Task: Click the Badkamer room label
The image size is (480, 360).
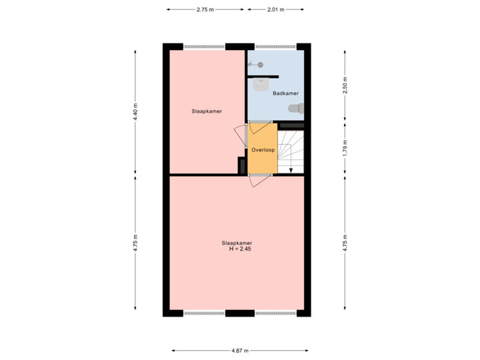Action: coord(285,93)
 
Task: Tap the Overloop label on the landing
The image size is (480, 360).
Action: coord(263,150)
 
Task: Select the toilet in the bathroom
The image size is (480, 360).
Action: coord(295,108)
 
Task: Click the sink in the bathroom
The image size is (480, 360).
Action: coord(261,85)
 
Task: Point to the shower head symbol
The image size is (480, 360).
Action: coord(255,65)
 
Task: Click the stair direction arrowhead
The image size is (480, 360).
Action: coord(291,169)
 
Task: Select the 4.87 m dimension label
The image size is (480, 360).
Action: coord(239,350)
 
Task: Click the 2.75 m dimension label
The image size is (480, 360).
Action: coord(205,9)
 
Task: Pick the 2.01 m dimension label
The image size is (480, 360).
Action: coord(275,9)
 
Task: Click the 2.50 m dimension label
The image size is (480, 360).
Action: coord(345,85)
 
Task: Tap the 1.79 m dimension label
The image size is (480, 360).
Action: coord(345,147)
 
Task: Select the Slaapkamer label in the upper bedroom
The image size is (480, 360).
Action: coord(207,111)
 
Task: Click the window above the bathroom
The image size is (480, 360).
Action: coord(275,47)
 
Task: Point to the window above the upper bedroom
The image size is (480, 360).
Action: coord(204,47)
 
